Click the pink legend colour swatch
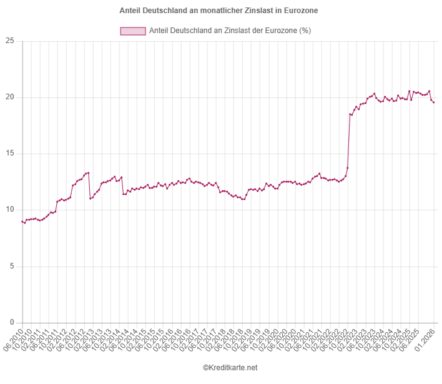[133, 31]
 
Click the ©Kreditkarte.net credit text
[230, 368]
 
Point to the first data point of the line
[22, 221]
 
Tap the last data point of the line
[433, 102]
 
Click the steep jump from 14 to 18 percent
[348, 141]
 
